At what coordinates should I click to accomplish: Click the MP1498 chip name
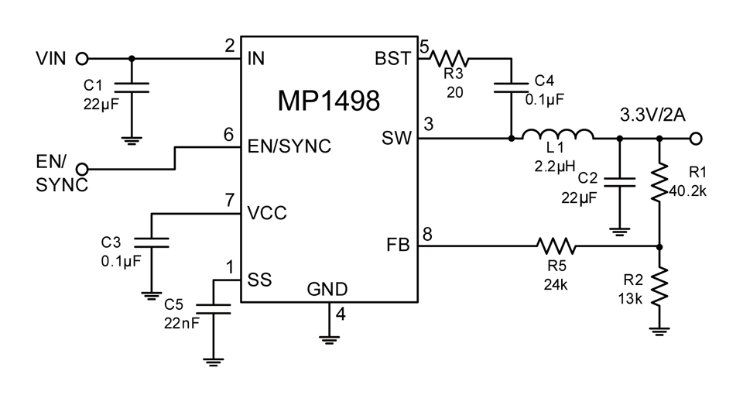pos(328,101)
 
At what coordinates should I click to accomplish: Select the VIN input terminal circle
pos(83,59)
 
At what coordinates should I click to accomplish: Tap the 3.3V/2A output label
pos(652,115)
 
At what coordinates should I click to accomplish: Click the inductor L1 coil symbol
pos(558,134)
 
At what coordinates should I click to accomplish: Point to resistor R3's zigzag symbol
pos(449,59)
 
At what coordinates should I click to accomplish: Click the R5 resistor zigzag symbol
pos(556,246)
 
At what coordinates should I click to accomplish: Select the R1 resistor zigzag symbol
pos(659,183)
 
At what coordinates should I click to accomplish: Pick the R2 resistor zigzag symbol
pos(659,287)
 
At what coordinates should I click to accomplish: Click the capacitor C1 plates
pos(132,88)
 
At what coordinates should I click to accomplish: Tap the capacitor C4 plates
pos(512,88)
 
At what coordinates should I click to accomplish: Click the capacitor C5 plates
pos(214,309)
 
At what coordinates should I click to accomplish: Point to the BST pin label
pos(392,58)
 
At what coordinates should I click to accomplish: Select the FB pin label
pos(398,245)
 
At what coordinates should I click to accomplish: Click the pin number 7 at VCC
pos(230,200)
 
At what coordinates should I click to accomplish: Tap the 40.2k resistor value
pos(687,191)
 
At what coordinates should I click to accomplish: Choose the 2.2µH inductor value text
pos(555,167)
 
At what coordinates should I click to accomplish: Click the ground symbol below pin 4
pos(329,339)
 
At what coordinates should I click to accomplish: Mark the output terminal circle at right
pos(696,139)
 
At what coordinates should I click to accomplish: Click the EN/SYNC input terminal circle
pos(83,169)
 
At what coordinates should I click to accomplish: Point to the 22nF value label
pos(181,323)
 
